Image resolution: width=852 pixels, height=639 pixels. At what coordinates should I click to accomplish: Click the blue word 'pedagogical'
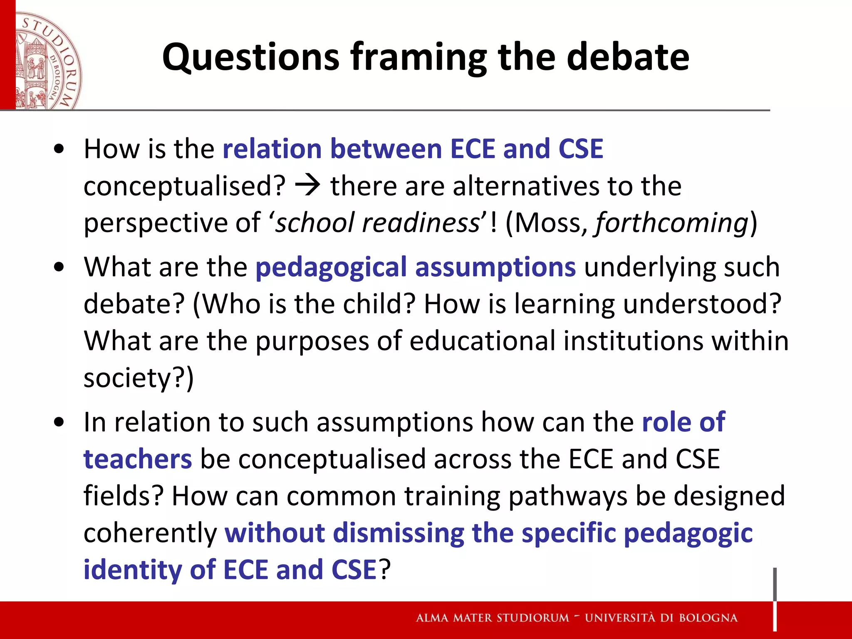331,267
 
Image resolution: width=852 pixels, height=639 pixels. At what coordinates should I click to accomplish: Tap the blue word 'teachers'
138,459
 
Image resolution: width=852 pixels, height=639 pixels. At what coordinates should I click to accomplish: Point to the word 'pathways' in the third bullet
568,496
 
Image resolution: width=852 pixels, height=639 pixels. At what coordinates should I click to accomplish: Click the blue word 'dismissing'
399,533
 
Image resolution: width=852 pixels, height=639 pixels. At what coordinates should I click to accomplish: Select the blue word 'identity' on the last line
132,570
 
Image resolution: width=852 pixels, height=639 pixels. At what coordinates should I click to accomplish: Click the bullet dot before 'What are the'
59,267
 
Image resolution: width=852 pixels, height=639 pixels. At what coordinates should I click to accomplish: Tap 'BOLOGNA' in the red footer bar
708,618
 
